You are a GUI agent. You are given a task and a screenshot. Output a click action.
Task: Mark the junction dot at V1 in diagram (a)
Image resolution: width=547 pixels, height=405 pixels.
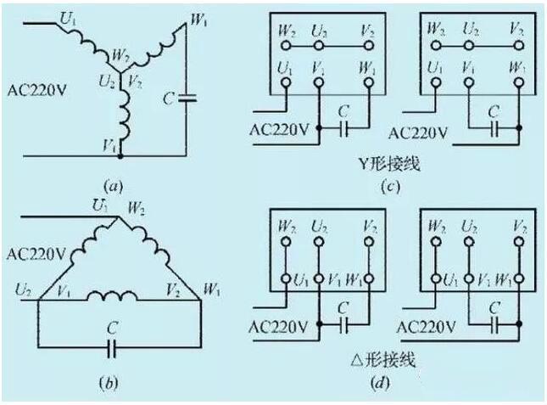pyautogui.click(x=120, y=156)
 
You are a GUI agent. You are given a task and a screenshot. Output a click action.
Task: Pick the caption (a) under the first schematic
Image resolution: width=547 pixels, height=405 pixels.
pyautogui.click(x=109, y=183)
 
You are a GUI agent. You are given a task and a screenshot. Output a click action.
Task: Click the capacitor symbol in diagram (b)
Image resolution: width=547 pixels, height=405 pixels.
pyautogui.click(x=109, y=346)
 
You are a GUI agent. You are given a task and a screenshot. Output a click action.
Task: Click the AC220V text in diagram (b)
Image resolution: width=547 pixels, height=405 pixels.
pyautogui.click(x=33, y=253)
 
